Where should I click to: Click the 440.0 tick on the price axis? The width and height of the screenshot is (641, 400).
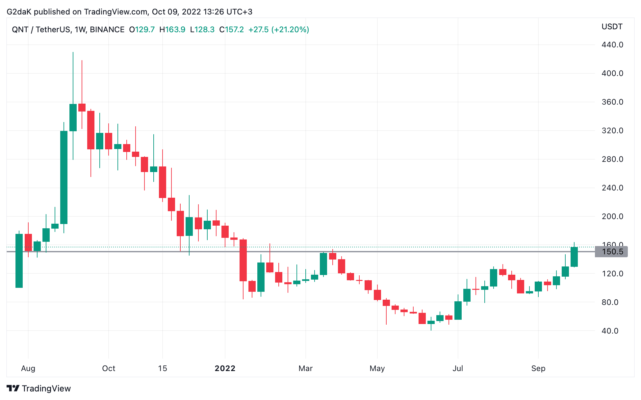(x=612, y=45)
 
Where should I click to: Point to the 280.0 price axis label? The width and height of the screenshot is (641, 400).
(x=612, y=159)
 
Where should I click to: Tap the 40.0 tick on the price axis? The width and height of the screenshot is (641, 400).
(x=610, y=331)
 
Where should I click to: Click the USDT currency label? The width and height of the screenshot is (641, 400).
(x=612, y=27)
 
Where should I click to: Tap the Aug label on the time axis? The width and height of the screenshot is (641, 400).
(x=28, y=368)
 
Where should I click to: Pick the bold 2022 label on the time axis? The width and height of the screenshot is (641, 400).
(x=225, y=368)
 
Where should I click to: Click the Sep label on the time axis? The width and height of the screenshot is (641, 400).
(x=538, y=368)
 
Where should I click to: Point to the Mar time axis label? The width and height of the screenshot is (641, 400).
(x=305, y=368)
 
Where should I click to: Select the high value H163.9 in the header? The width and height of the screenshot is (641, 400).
(x=172, y=30)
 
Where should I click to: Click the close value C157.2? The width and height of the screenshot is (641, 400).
(x=231, y=30)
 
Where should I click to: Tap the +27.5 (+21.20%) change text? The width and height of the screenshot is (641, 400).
(x=278, y=30)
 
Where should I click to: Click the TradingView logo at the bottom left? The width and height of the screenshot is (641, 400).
(x=38, y=388)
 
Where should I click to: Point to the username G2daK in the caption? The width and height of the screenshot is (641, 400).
(x=19, y=12)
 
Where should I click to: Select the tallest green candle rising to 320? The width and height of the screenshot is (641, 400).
(x=64, y=178)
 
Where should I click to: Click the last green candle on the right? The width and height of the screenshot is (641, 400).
(x=574, y=257)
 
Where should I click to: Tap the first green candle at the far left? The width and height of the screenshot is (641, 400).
(x=19, y=261)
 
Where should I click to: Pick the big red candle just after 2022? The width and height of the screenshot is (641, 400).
(x=243, y=260)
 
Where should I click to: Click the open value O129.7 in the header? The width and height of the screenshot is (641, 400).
(x=142, y=30)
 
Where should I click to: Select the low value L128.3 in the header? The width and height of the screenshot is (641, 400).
(x=202, y=30)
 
